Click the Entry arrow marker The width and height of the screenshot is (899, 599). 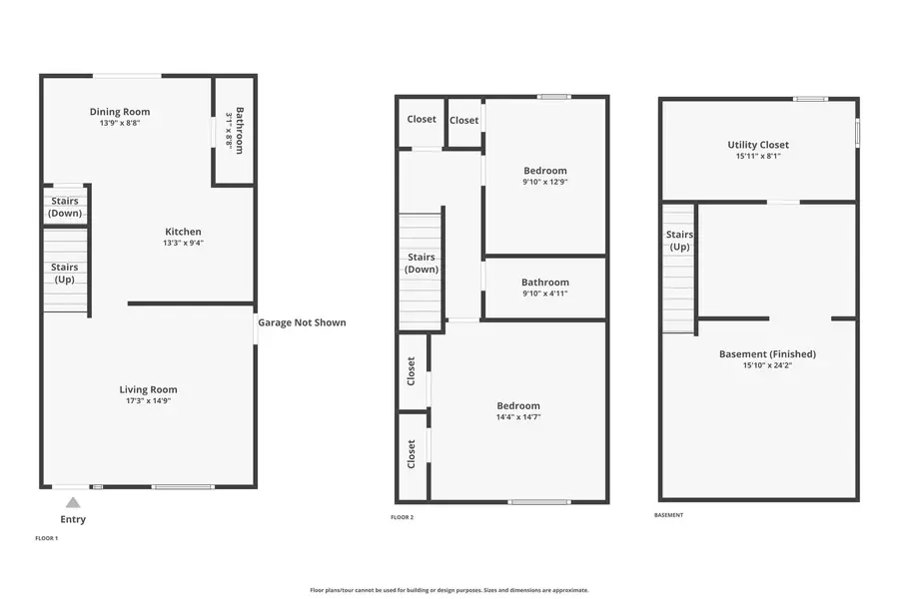click(x=72, y=502)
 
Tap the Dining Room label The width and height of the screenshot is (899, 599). click(x=120, y=112)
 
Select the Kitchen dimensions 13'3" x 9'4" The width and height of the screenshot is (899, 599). click(x=183, y=243)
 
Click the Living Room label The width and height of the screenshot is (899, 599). click(x=149, y=389)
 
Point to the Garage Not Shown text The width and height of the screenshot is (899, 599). click(x=302, y=322)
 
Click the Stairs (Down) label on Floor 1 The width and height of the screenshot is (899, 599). click(x=65, y=207)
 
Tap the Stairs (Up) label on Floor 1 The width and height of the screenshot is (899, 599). click(x=65, y=273)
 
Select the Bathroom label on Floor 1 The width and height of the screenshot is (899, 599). click(x=240, y=130)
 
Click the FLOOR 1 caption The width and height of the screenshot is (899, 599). click(x=47, y=538)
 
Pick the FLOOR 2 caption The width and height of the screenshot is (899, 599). click(x=402, y=517)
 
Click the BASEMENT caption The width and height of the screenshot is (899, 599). click(x=668, y=515)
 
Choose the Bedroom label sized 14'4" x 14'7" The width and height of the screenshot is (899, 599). click(x=518, y=405)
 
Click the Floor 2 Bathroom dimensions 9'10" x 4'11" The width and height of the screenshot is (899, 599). click(x=545, y=294)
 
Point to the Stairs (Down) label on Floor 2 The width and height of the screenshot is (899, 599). click(x=422, y=263)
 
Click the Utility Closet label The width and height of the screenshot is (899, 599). click(x=758, y=145)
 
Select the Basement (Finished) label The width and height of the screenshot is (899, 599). click(x=767, y=353)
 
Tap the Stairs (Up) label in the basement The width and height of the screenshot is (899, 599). click(x=679, y=241)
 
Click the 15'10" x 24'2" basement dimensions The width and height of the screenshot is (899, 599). click(x=767, y=365)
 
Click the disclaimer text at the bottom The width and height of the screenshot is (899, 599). click(x=449, y=590)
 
